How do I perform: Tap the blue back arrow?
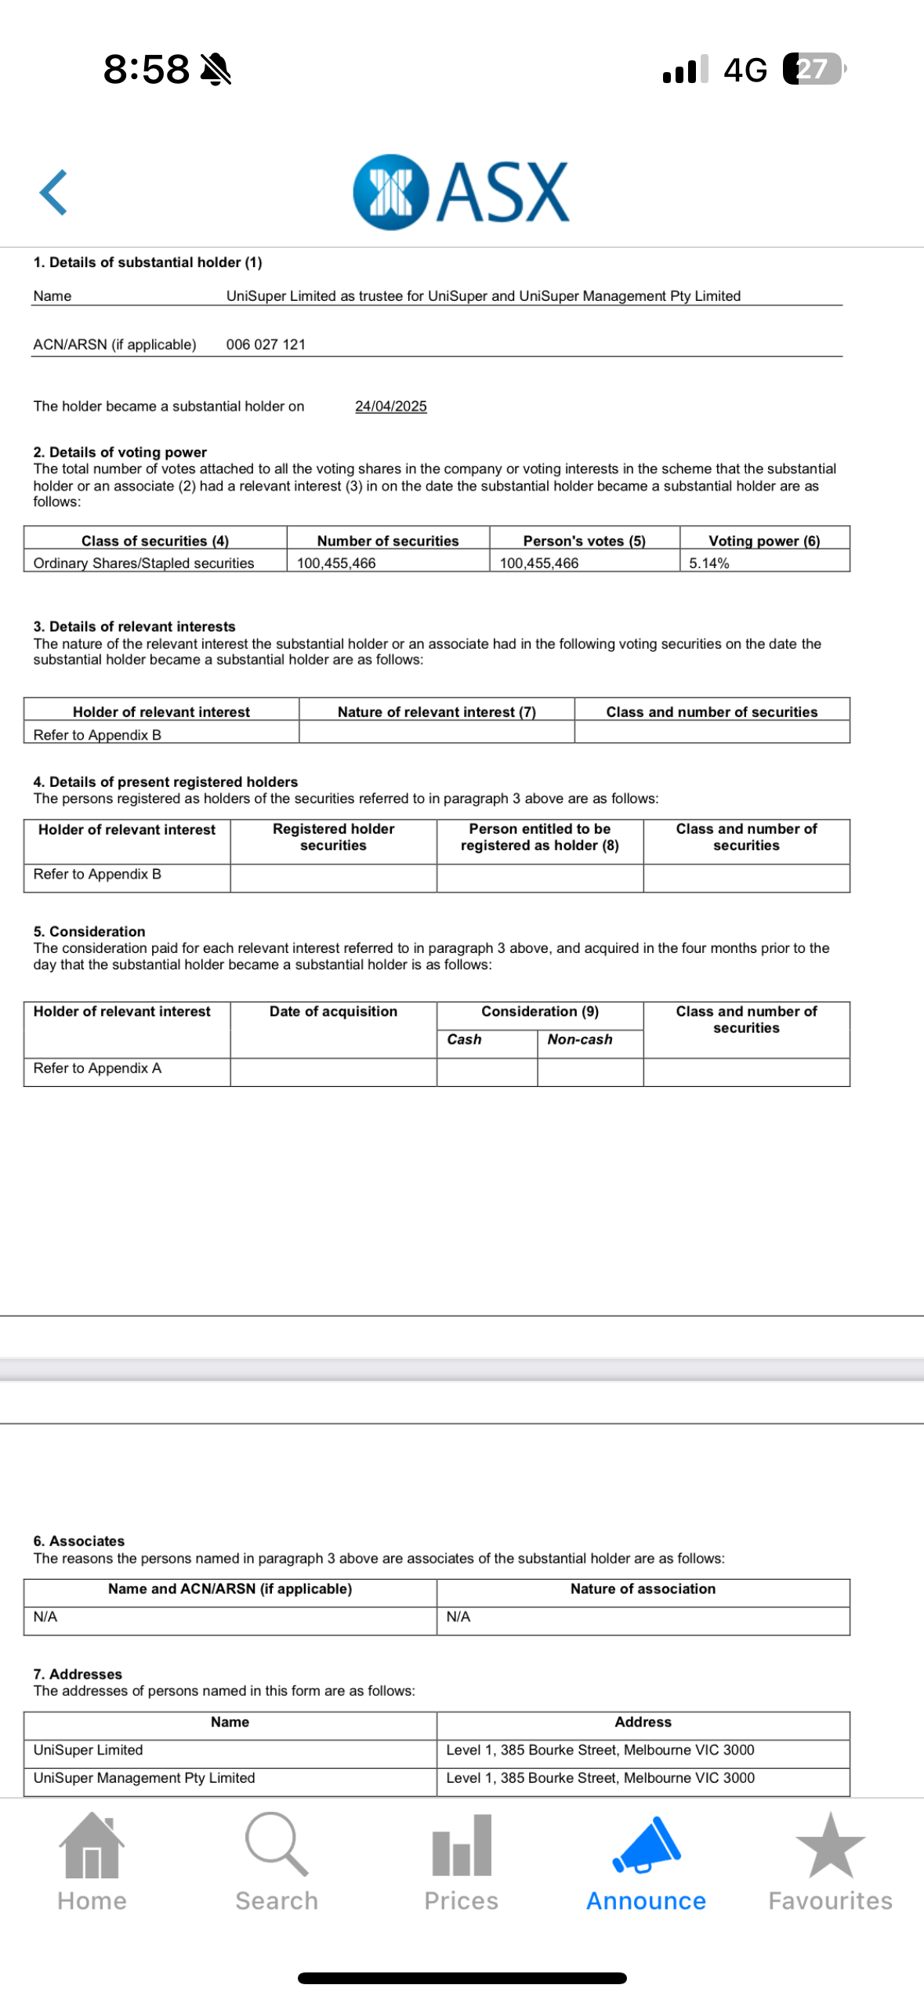tap(53, 192)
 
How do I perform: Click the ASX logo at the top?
tap(461, 192)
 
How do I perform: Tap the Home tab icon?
tap(92, 1845)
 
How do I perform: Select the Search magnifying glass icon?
tap(276, 1843)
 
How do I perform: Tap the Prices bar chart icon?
tap(462, 1845)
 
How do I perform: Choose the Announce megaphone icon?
tap(647, 1845)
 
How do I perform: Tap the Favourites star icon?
tap(830, 1845)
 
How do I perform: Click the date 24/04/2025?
tap(390, 406)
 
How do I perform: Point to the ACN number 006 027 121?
tap(266, 344)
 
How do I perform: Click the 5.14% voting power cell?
tap(709, 563)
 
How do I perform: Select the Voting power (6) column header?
tap(764, 540)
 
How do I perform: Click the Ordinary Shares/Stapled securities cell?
tap(143, 563)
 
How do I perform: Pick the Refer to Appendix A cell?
tap(97, 1068)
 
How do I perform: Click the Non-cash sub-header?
tap(580, 1039)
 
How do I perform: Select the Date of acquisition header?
tap(333, 1011)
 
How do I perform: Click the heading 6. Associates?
tap(78, 1541)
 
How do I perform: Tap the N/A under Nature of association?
tap(458, 1617)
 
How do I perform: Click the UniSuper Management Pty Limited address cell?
tap(600, 1777)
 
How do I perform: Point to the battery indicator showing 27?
tap(813, 69)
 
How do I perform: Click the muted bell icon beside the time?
tap(216, 69)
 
